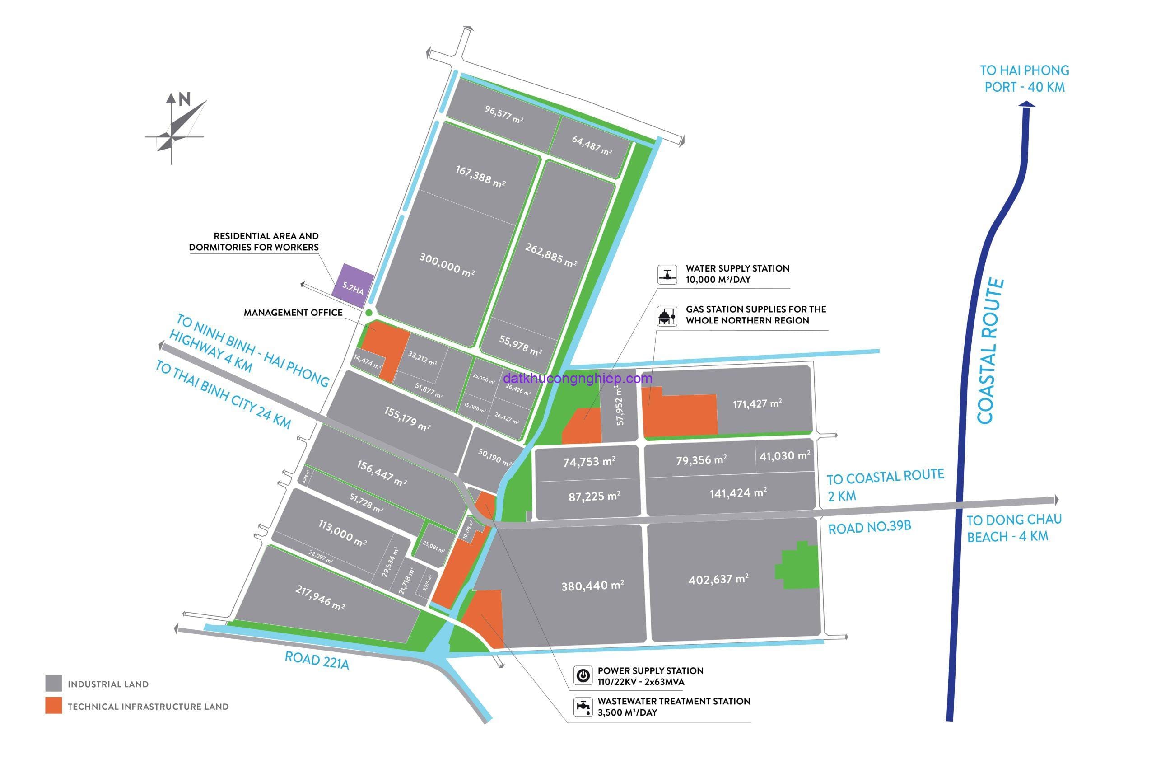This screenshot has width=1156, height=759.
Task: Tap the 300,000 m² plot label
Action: tap(447, 265)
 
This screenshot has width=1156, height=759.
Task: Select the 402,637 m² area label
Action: tap(718, 579)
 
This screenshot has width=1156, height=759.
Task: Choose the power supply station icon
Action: tap(583, 675)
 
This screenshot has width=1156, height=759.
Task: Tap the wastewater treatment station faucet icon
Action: tap(583, 707)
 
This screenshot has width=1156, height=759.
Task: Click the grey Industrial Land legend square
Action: tap(53, 683)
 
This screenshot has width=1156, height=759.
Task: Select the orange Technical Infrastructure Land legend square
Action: tap(53, 706)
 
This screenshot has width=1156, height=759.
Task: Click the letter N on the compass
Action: tap(185, 99)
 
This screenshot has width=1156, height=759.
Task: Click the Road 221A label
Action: tap(317, 661)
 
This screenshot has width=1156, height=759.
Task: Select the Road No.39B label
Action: tap(869, 528)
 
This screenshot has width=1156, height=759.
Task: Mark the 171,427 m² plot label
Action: tap(757, 403)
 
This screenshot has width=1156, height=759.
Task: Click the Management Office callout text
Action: tap(293, 313)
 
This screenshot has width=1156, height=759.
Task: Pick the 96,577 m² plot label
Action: tap(503, 114)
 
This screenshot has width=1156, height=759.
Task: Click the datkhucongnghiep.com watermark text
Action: tap(578, 378)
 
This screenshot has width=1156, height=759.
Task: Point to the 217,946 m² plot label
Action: tap(320, 597)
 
